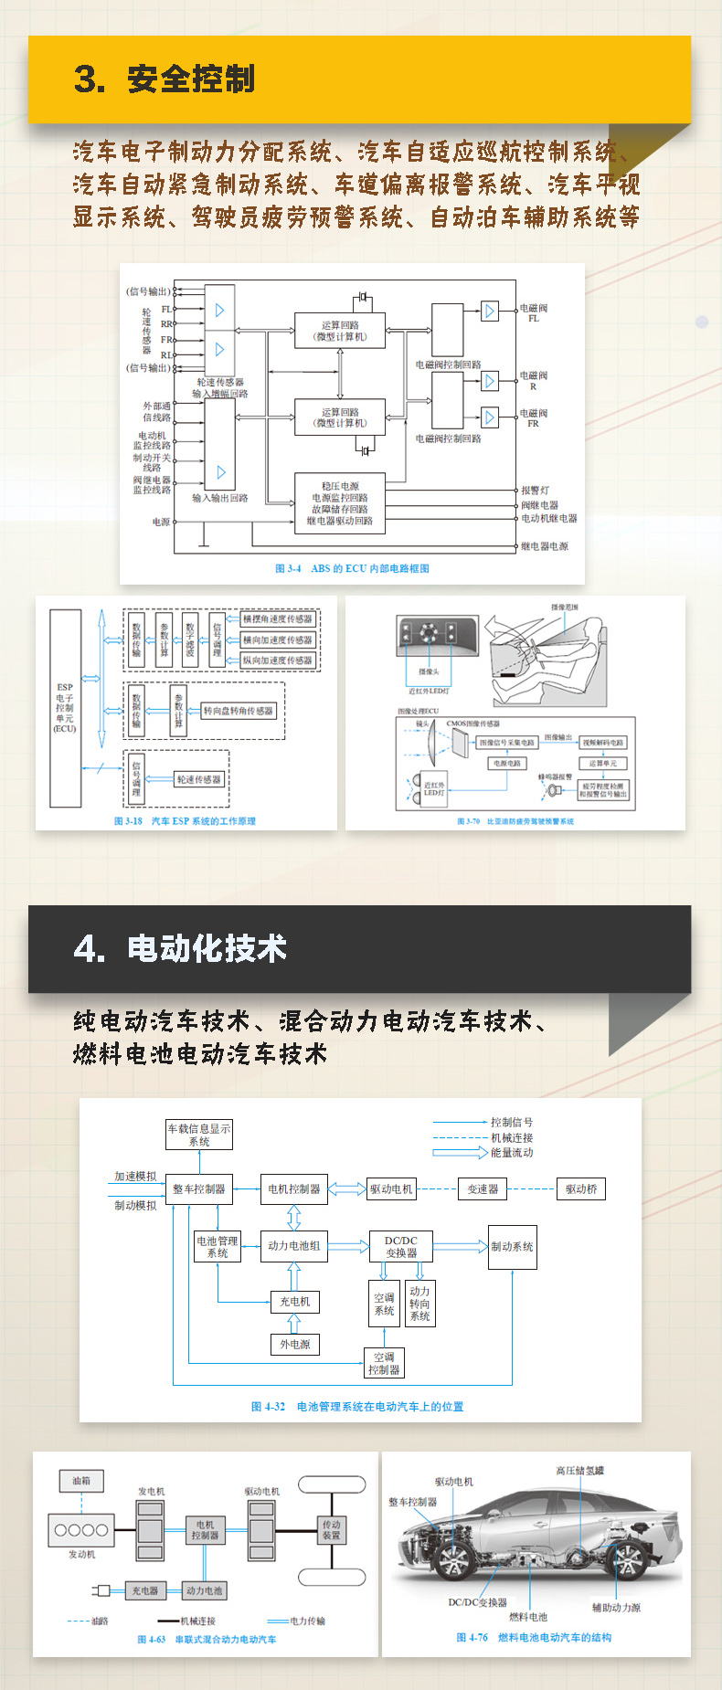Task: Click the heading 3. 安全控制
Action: (165, 79)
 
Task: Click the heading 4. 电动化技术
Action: (180, 948)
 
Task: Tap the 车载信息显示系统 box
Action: (198, 1135)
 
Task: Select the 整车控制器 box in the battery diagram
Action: (198, 1188)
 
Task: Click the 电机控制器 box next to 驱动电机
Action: (293, 1188)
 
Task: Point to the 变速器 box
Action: (483, 1188)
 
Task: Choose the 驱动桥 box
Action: (580, 1188)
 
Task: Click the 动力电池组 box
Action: (293, 1245)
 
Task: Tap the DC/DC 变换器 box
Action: (400, 1246)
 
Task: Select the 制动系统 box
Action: (512, 1246)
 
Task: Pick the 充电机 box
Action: (294, 1301)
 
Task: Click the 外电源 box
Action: (294, 1344)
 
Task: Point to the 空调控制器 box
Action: (384, 1363)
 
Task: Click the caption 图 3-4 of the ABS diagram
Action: (352, 568)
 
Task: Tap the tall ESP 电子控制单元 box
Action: (65, 708)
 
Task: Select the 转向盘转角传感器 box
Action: (238, 711)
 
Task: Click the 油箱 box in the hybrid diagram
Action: (81, 1480)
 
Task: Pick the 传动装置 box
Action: (331, 1529)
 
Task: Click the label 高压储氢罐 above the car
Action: (579, 1470)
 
